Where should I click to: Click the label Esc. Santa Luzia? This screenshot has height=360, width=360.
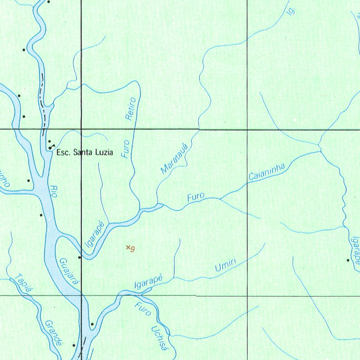[85, 153]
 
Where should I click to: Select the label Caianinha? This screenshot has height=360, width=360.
[266, 172]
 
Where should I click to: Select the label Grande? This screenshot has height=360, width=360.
[53, 333]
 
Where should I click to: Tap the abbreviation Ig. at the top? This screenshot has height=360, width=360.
[290, 11]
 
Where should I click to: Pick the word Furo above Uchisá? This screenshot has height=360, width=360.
[143, 308]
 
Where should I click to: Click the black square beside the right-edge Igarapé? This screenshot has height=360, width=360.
[348, 260]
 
